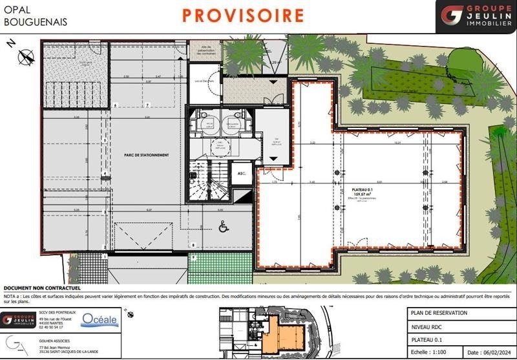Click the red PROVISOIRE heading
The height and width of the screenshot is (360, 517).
(x=242, y=14)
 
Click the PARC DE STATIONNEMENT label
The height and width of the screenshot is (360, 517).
(x=147, y=154)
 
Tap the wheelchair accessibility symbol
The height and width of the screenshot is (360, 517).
(x=224, y=226)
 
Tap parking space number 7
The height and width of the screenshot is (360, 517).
(x=147, y=105)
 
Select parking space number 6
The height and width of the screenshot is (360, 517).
(x=114, y=105)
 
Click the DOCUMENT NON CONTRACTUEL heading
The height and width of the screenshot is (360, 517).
(x=41, y=288)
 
